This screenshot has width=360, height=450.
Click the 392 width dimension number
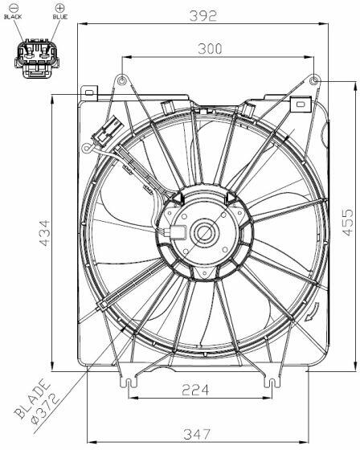point(203,16)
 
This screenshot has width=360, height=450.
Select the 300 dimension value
point(211,49)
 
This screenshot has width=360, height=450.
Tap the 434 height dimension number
point(44,233)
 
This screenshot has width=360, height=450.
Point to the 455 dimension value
point(348,223)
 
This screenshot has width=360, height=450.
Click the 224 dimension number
point(195,390)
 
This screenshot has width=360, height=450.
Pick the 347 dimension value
point(197,434)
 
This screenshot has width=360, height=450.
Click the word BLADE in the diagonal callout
point(32,399)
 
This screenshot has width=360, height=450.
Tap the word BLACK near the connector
point(13,17)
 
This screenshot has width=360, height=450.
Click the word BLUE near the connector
point(60,17)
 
